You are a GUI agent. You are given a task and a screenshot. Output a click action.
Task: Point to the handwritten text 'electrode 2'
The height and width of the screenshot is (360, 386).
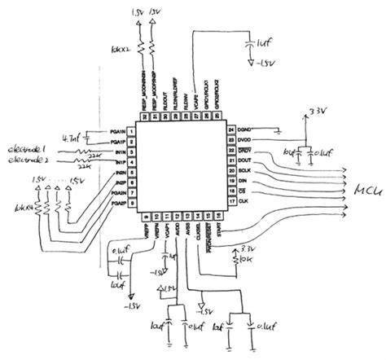coord(32,161)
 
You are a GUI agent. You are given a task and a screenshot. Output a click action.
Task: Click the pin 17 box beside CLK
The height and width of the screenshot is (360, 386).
coord(230,200)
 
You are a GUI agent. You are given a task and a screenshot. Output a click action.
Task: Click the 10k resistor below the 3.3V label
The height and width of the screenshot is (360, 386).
coord(235,259)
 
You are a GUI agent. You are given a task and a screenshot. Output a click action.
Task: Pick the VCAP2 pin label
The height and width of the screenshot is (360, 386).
coord(198,95)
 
